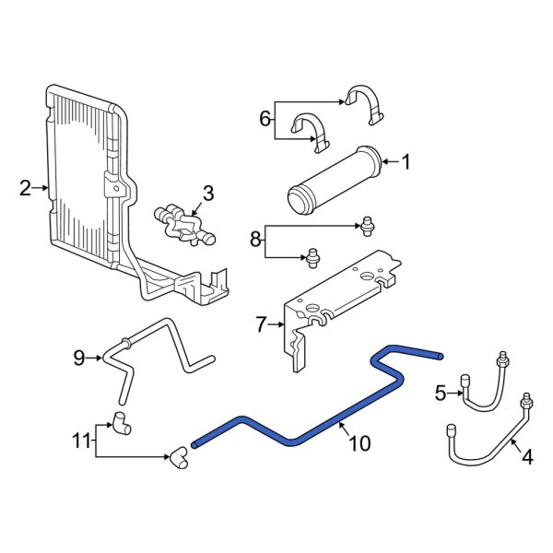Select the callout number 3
207,193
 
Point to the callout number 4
527,454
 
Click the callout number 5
441,394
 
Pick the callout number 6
265,118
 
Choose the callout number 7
261,324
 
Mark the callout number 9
78,356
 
